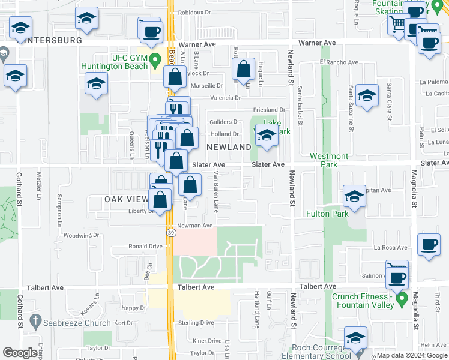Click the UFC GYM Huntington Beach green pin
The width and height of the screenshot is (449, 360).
(155, 60)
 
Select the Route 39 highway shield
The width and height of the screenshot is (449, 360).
(170, 232)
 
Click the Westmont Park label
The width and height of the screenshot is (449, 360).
(329, 160)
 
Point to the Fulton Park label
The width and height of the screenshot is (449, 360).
(327, 214)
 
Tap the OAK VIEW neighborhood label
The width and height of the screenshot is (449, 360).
(126, 199)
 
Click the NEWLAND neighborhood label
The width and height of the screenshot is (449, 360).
(229, 147)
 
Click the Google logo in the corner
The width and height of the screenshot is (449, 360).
(20, 353)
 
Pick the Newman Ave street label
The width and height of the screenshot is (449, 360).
(199, 226)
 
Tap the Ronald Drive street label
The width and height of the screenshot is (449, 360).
(146, 247)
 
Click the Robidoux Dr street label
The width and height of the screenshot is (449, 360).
(196, 11)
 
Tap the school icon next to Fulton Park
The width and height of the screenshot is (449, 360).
(354, 196)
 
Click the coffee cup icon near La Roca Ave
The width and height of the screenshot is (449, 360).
(429, 245)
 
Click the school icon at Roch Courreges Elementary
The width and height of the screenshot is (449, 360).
(355, 339)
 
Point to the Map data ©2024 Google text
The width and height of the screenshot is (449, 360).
(412, 355)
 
